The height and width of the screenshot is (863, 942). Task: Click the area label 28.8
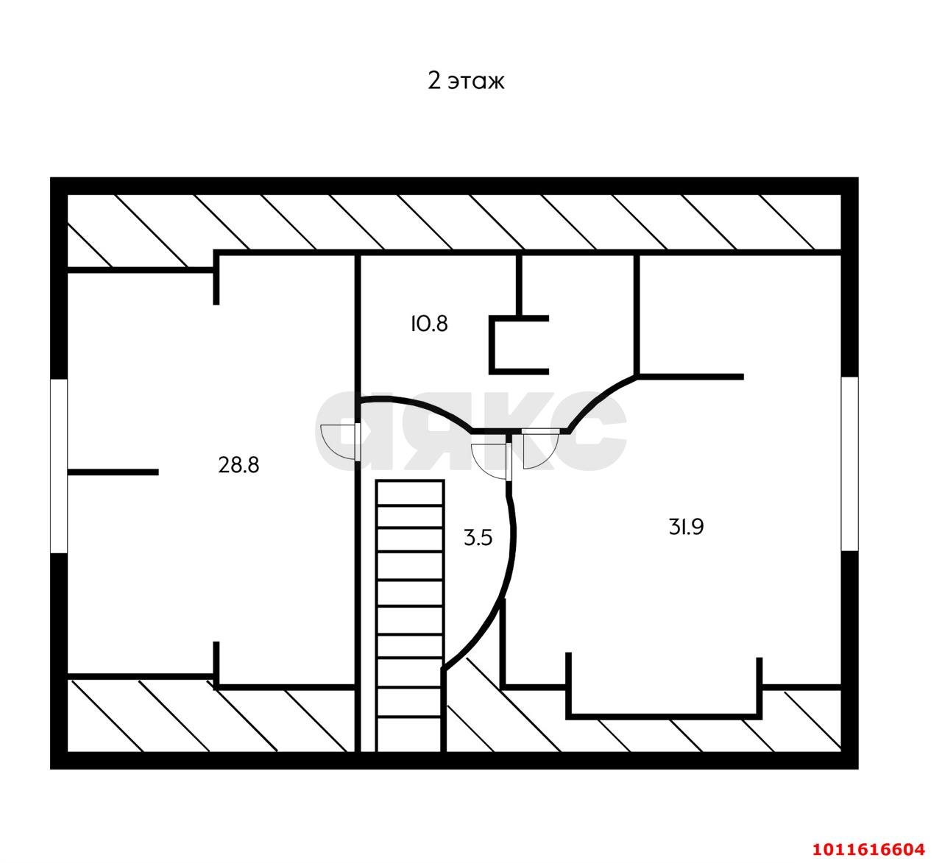click(x=238, y=465)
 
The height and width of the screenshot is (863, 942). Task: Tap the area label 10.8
click(x=429, y=324)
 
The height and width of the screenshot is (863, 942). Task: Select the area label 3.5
click(x=478, y=538)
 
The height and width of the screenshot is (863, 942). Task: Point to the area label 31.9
click(x=686, y=527)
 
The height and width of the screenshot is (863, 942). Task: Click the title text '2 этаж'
click(x=466, y=81)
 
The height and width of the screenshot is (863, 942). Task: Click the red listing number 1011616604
click(x=868, y=849)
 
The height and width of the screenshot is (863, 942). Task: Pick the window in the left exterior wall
click(x=59, y=466)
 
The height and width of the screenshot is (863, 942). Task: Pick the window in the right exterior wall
click(x=849, y=464)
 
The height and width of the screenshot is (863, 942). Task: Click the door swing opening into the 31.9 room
click(x=540, y=448)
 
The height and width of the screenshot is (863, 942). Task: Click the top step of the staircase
click(x=410, y=493)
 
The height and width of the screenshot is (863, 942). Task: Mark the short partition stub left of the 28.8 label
click(x=113, y=472)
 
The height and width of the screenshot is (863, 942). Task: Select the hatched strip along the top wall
click(x=454, y=222)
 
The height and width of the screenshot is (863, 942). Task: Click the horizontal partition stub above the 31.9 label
click(x=690, y=377)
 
